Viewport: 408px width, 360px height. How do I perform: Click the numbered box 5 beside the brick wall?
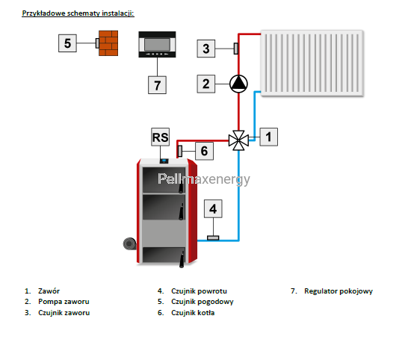click(x=67, y=43)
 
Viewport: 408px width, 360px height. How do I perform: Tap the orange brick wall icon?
click(x=108, y=43)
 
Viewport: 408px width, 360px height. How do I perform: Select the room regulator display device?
click(x=157, y=45)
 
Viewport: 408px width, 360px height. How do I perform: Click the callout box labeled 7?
click(x=157, y=85)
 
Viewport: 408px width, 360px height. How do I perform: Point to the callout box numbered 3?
click(x=206, y=49)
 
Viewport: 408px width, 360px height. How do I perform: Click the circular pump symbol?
click(x=238, y=84)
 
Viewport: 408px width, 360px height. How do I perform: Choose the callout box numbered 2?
click(x=206, y=84)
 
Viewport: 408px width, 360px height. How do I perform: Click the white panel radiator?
click(x=312, y=63)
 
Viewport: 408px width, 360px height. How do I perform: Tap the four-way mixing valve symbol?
click(x=238, y=140)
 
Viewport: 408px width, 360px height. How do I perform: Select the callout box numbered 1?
click(x=268, y=137)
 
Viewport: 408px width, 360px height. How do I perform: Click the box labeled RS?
click(x=160, y=137)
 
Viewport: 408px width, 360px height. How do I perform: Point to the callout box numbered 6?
click(x=204, y=151)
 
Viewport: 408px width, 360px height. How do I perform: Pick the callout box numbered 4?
click(x=213, y=209)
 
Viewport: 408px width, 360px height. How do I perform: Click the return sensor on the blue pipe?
click(x=213, y=238)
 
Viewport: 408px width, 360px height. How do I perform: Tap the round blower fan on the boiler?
click(x=129, y=243)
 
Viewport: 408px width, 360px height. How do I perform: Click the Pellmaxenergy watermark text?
click(x=204, y=179)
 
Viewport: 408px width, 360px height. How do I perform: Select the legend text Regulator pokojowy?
click(x=339, y=291)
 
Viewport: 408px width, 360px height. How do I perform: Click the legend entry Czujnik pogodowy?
click(x=203, y=302)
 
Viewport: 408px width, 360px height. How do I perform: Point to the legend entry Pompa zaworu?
click(x=64, y=302)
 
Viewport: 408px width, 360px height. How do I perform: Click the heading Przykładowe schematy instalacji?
click(x=78, y=13)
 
